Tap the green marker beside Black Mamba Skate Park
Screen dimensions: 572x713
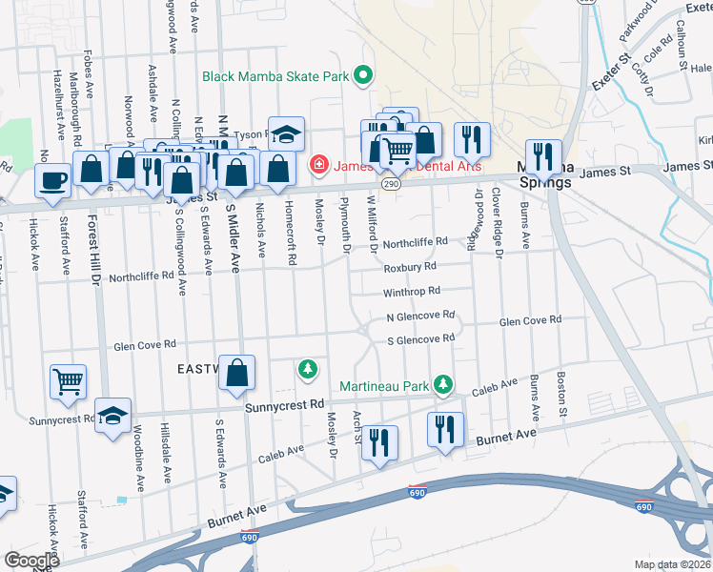click(x=363, y=74)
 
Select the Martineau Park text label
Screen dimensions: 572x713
click(x=384, y=387)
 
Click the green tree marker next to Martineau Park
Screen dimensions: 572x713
click(x=442, y=384)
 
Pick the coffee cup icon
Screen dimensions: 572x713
click(x=53, y=178)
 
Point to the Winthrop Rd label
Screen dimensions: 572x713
click(x=412, y=291)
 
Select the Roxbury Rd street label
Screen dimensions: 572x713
click(x=410, y=267)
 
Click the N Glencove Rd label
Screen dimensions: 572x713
click(x=420, y=315)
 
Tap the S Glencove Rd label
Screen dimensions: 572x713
click(x=420, y=339)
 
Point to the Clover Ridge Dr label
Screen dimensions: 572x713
click(x=497, y=222)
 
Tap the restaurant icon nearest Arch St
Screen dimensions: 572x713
click(x=379, y=442)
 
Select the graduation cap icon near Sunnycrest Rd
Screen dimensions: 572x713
click(x=112, y=415)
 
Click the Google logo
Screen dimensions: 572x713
click(x=32, y=561)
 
